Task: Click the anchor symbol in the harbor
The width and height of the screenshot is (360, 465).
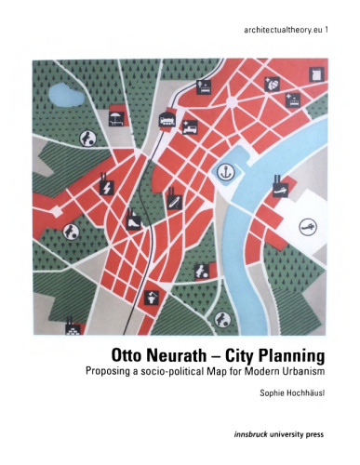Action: point(223,171)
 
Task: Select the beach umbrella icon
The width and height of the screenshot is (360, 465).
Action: point(116,116)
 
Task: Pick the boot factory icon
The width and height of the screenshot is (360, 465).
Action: point(133,220)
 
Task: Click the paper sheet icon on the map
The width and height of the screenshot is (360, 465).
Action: point(316,73)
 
